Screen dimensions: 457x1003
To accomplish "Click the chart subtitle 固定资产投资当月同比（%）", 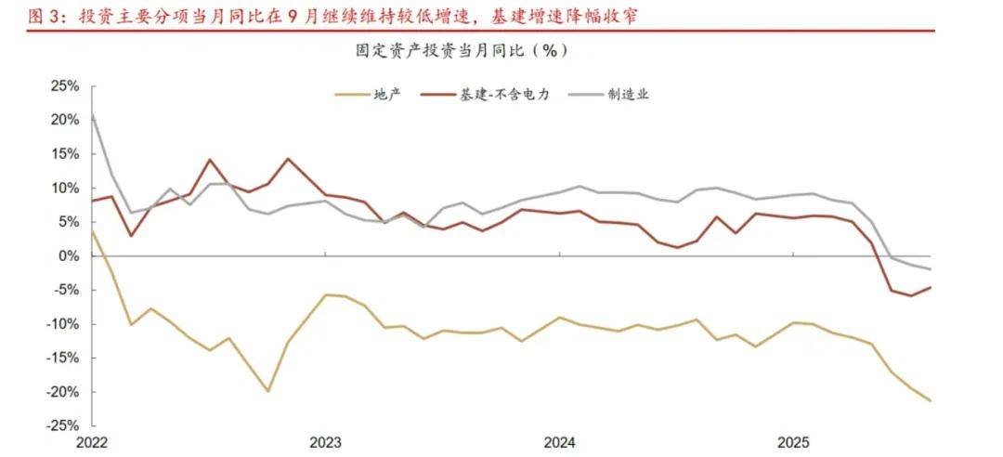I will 462,50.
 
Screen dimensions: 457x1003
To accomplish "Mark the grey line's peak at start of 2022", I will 92,113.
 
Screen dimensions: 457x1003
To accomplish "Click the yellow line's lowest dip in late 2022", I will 267,391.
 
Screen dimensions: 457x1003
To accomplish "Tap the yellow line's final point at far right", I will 931,401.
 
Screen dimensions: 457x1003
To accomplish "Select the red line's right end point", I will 931,287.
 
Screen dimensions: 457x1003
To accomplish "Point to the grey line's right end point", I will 931,269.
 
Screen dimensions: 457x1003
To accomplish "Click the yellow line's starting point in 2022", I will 92,231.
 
